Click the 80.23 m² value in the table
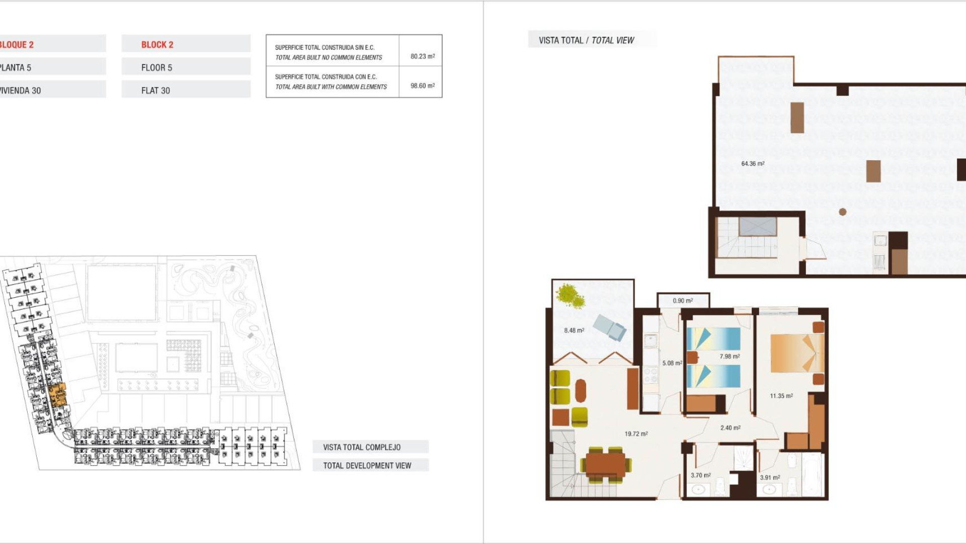[x=422, y=56]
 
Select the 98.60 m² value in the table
[x=422, y=86]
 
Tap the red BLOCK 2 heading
[x=157, y=45]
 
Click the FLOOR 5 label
[x=156, y=67]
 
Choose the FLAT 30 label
[x=155, y=91]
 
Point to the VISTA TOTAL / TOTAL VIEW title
[x=586, y=40]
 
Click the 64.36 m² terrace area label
[x=753, y=164]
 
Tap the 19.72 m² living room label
[x=636, y=434]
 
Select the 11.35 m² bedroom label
[x=781, y=396]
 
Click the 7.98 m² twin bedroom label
[x=729, y=357]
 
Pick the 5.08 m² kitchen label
[x=672, y=363]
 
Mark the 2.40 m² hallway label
[x=730, y=428]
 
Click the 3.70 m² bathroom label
[x=700, y=475]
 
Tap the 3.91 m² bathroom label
[x=770, y=478]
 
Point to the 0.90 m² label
[x=683, y=301]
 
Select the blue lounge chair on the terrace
[x=610, y=327]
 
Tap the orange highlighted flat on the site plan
[x=58, y=394]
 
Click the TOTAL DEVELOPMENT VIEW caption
[x=367, y=465]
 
